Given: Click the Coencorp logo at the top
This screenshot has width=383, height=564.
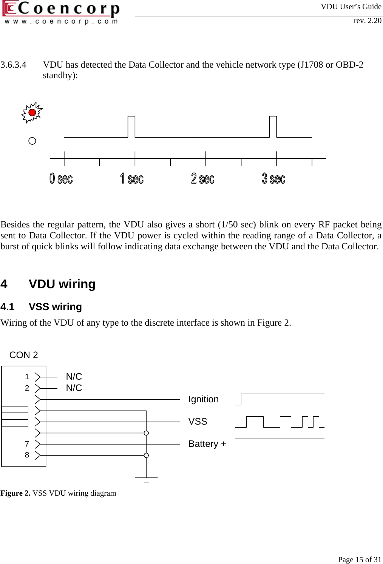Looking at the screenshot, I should [x=61, y=13].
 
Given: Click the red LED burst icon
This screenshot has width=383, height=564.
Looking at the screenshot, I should [x=32, y=113].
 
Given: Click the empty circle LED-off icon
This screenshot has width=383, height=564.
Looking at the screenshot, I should [x=32, y=141].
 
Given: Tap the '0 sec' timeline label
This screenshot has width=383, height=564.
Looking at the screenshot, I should [x=61, y=178].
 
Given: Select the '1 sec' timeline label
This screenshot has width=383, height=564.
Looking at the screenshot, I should [x=132, y=178].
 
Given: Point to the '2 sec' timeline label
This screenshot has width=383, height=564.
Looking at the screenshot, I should [x=203, y=178].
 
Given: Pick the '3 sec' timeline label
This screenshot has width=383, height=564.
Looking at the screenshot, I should [x=273, y=178].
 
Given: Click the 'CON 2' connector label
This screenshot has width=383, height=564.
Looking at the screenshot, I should [x=23, y=355].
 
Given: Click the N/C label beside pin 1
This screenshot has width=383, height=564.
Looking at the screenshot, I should [x=74, y=377].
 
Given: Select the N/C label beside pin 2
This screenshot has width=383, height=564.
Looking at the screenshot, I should [x=74, y=388].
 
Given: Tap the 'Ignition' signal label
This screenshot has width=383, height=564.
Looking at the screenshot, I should [x=203, y=399].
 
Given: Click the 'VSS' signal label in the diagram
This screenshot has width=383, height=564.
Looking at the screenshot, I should [x=198, y=422].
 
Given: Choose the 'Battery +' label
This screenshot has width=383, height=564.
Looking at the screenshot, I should [x=207, y=444].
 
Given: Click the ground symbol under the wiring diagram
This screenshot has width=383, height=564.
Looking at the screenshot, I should [x=146, y=480].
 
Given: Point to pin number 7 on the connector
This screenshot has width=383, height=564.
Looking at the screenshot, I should [x=27, y=444].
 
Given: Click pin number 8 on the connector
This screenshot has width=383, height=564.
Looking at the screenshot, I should [x=27, y=455].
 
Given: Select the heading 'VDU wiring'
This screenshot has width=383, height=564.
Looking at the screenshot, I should [x=62, y=284].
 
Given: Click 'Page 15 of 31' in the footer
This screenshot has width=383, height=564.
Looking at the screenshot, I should [x=359, y=559].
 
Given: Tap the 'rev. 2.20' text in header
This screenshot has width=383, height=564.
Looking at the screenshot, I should [x=367, y=21].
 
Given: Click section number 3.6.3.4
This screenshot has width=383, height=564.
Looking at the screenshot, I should [x=14, y=65].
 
